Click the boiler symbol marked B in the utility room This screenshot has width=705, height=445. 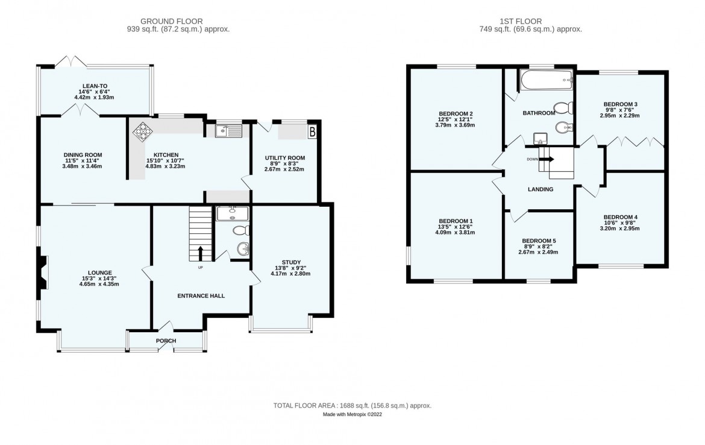[312, 131]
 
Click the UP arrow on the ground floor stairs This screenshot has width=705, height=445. [201, 253]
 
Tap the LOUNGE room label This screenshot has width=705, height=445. [99, 273]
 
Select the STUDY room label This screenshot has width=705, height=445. [290, 262]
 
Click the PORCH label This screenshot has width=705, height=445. [166, 341]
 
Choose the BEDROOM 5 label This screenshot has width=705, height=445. [539, 241]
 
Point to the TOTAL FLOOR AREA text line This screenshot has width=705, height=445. [352, 406]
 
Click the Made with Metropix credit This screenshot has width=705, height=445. [352, 415]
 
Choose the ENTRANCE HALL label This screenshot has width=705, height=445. [201, 296]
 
